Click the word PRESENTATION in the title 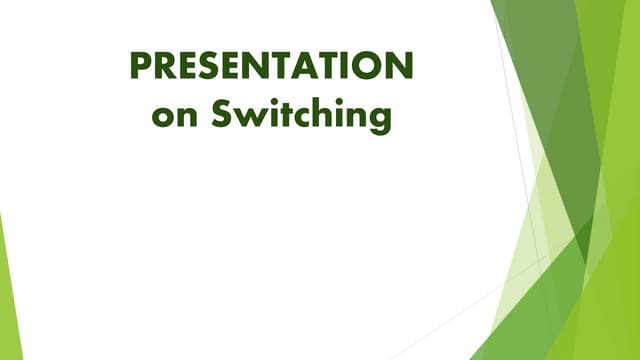271,66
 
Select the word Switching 301,116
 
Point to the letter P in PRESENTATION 141,66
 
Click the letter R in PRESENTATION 165,66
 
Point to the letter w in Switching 249,116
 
